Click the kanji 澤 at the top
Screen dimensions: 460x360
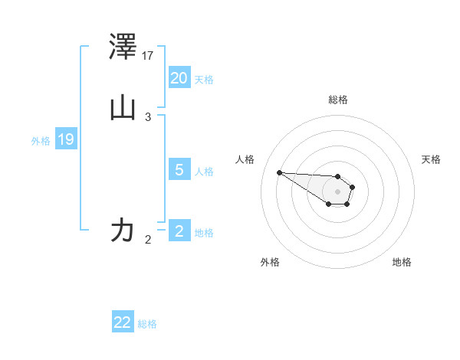[123, 47]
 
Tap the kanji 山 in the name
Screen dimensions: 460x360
[123, 108]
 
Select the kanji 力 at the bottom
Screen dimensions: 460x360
[123, 230]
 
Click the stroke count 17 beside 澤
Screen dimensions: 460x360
[149, 55]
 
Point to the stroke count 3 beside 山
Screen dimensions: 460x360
[148, 116]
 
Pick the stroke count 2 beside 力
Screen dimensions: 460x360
[148, 239]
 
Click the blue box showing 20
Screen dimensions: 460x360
[179, 78]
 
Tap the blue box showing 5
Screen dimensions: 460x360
[179, 170]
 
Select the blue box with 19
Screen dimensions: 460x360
[65, 139]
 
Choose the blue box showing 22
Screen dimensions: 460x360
[123, 322]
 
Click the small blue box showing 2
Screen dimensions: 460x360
[179, 231]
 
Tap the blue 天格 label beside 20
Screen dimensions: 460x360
[204, 80]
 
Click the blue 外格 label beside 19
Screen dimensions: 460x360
[41, 141]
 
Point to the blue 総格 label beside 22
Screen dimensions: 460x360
[147, 324]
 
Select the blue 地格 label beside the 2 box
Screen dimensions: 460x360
[204, 233]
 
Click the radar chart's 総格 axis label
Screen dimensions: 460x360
[337, 100]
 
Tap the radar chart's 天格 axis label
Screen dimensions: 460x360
[431, 159]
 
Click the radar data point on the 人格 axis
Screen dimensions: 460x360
[279, 172]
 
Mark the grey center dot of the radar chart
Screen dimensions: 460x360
[337, 191]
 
